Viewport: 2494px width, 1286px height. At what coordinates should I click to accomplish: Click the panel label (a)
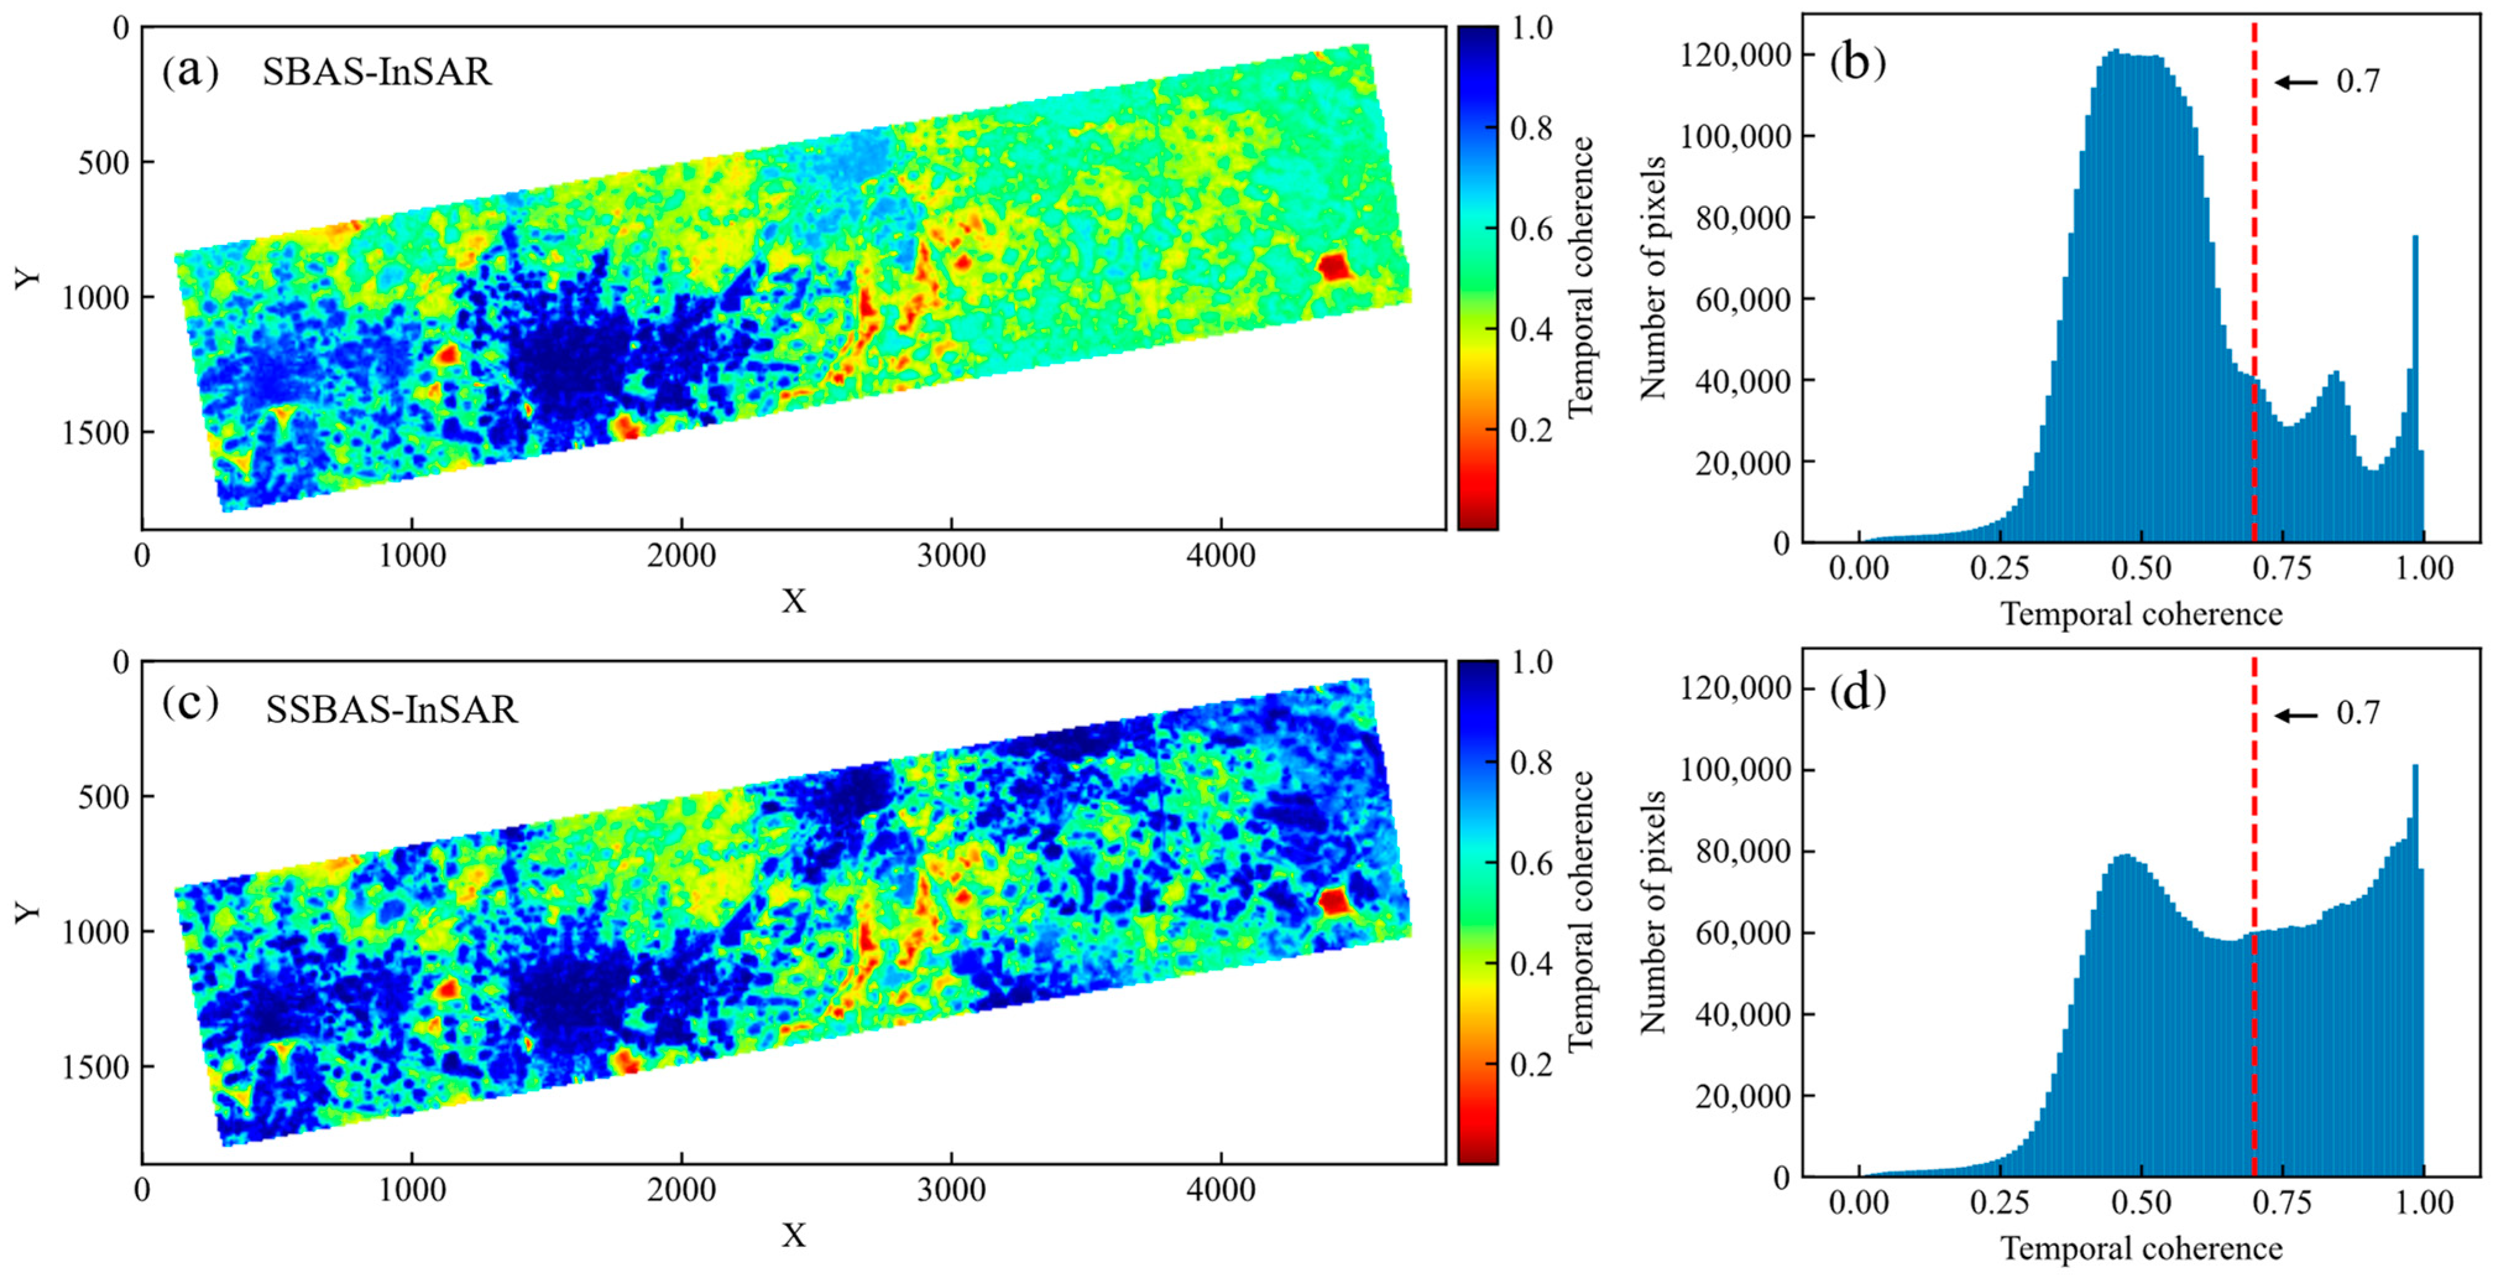point(191,72)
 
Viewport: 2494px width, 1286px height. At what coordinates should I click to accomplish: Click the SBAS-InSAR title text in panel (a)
point(377,72)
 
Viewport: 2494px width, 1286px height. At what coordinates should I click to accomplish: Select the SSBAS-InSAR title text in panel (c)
point(392,710)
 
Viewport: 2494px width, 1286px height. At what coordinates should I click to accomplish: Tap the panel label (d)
point(1858,692)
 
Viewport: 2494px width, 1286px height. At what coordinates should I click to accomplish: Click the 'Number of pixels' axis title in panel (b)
point(1654,278)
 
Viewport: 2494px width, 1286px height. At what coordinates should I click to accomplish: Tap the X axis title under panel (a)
point(793,601)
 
